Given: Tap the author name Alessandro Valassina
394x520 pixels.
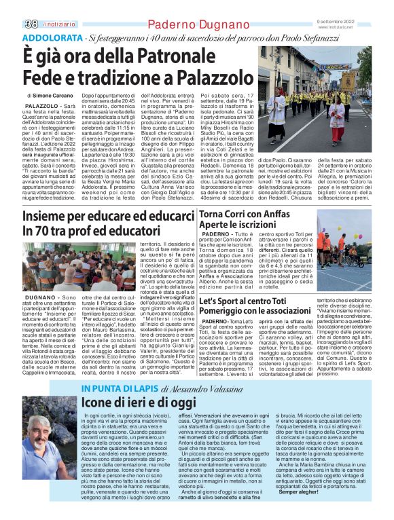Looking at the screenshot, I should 203,389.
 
